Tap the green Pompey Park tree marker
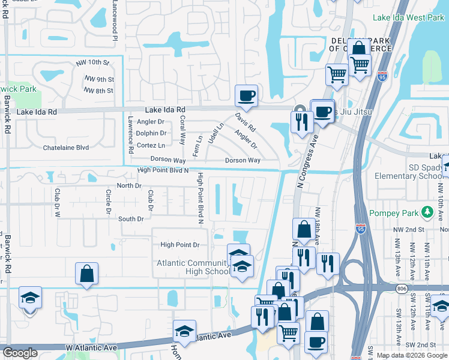point(427,212)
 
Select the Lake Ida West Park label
point(408,18)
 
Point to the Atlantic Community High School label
point(193,267)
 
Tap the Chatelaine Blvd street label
point(65,148)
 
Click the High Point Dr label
point(179,245)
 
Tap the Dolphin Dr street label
point(151,133)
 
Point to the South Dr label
point(131,219)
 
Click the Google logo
point(20,353)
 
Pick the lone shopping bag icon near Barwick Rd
point(87,274)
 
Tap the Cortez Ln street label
point(151,145)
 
